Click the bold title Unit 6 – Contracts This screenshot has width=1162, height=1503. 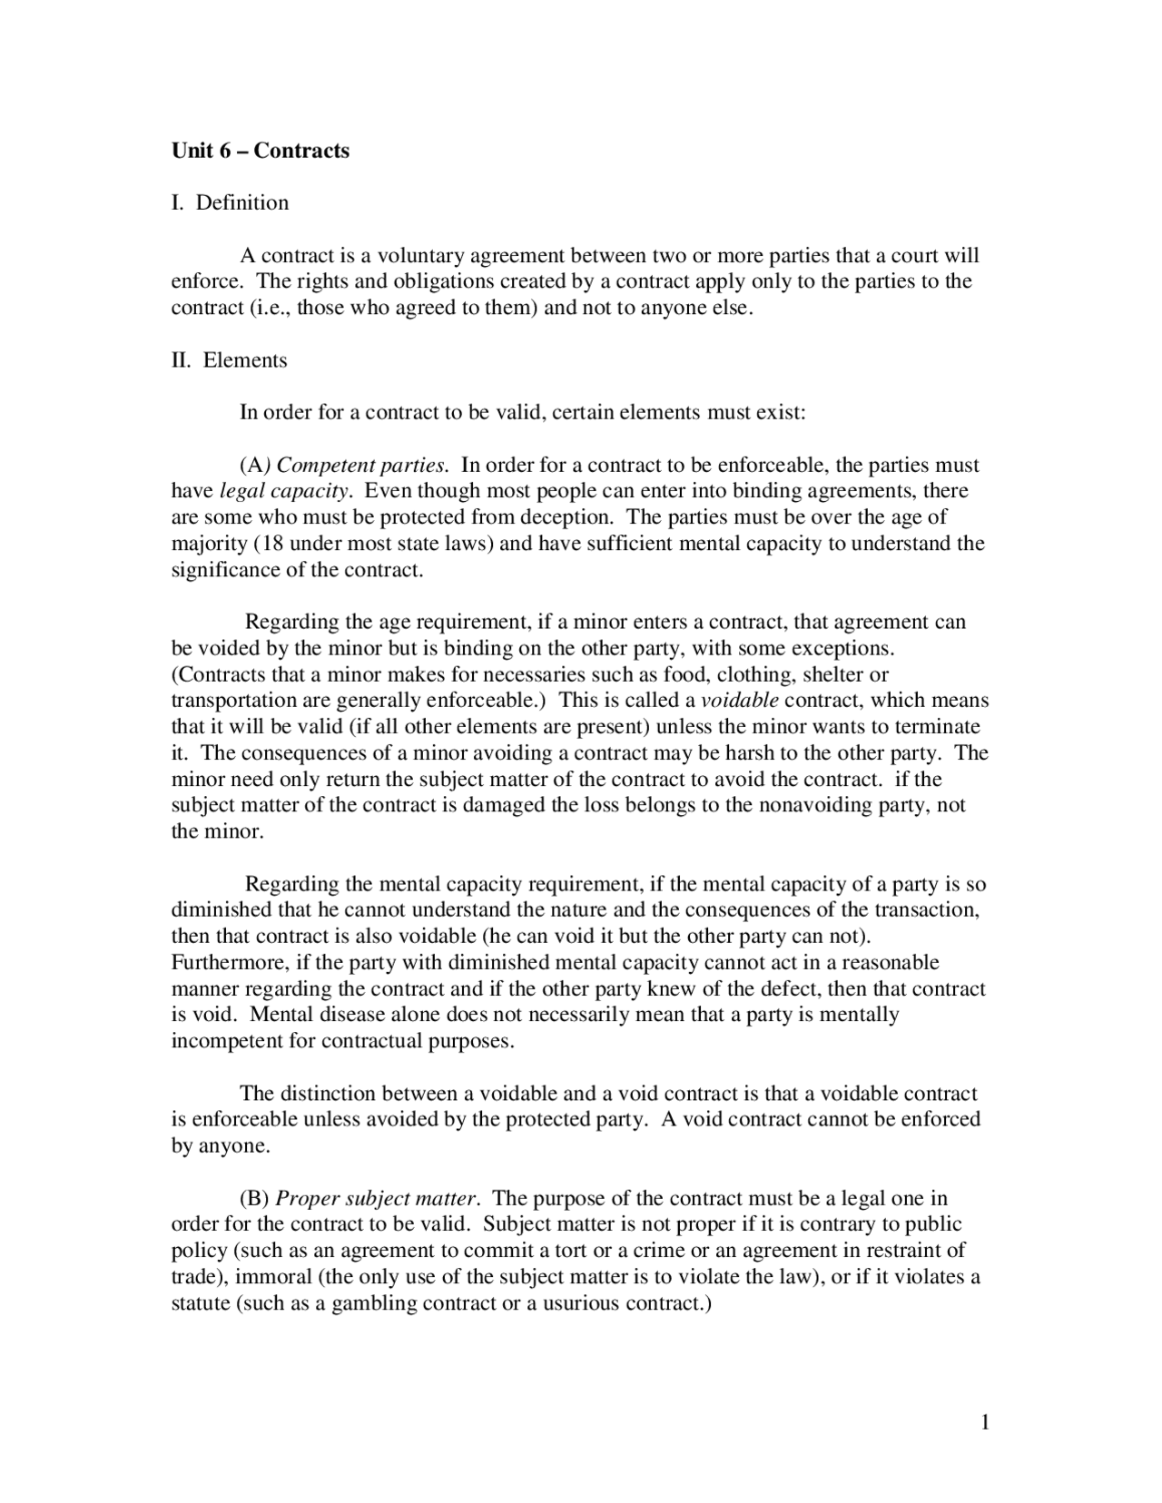pyautogui.click(x=261, y=151)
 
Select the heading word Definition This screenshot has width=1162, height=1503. pyautogui.click(x=242, y=202)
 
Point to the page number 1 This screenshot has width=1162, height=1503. pyautogui.click(x=985, y=1422)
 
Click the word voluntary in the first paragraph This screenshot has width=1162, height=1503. pyautogui.click(x=420, y=256)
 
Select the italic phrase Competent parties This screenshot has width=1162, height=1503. pyautogui.click(x=361, y=466)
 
